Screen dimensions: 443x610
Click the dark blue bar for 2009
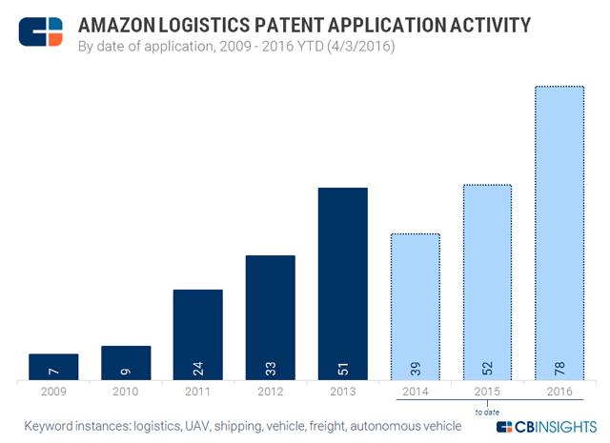click(53, 368)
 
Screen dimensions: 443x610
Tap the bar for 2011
click(198, 335)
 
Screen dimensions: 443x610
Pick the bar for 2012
click(271, 318)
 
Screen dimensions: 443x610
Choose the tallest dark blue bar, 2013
click(343, 285)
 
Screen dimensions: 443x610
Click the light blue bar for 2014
click(416, 307)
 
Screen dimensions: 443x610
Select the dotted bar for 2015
click(487, 283)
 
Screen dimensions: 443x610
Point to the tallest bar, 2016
click(559, 233)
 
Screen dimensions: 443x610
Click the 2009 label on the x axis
click(53, 392)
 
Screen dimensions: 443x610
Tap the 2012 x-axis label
click(271, 392)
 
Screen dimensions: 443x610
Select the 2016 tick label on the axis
click(559, 392)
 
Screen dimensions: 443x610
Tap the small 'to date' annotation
click(487, 411)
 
